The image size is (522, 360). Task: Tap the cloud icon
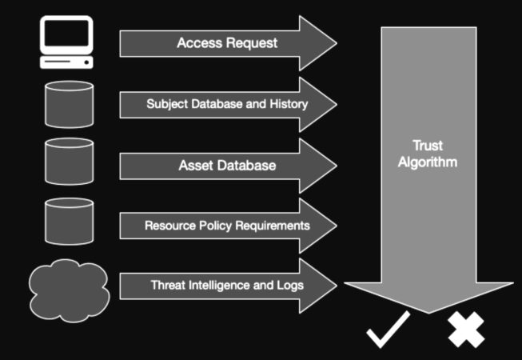(x=69, y=291)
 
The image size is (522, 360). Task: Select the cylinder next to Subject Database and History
(x=70, y=104)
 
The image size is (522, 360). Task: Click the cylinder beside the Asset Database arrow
(x=70, y=163)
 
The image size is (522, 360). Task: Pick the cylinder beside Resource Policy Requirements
(x=70, y=222)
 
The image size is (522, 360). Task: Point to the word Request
(x=251, y=43)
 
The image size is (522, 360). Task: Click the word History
(x=290, y=104)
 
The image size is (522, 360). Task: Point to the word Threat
(x=169, y=285)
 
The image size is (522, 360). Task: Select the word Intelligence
(x=223, y=285)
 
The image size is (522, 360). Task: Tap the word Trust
(x=428, y=146)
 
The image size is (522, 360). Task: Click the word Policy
(x=212, y=226)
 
